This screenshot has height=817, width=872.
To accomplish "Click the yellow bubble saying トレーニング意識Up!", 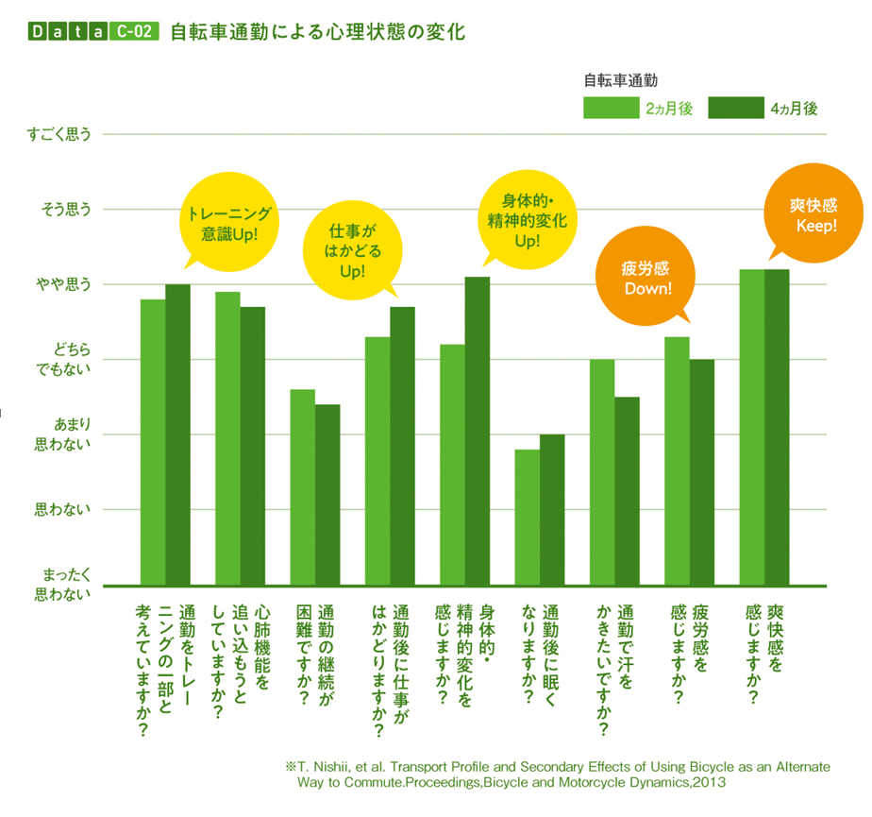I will coord(229,223).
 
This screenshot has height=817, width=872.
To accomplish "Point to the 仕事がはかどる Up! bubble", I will coord(351,250).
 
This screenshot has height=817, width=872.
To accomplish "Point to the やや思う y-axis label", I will coord(64,284).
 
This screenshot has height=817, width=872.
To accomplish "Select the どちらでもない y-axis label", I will coord(63,360).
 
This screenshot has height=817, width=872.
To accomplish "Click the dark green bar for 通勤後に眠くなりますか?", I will coord(552,509).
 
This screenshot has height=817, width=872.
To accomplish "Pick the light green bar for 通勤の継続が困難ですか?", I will coord(302,486).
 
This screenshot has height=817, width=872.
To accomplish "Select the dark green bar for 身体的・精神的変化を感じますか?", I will coord(477,431).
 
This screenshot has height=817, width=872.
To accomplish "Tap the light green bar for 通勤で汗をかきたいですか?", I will coord(602,471).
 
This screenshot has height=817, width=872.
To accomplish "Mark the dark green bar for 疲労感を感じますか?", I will coord(701,471).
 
